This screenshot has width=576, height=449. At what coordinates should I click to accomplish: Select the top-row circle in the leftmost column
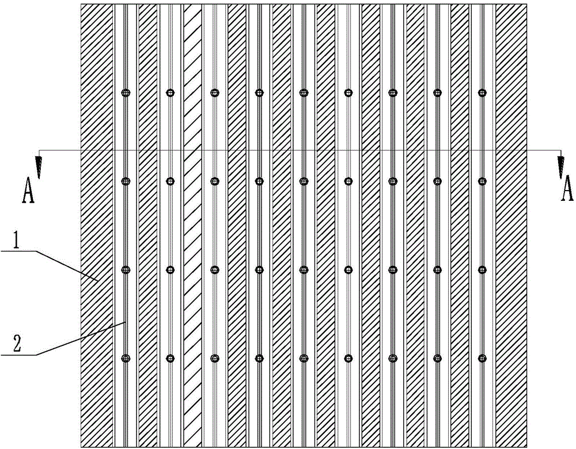pyautogui.click(x=126, y=92)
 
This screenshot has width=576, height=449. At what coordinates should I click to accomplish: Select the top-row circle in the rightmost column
pyautogui.click(x=483, y=92)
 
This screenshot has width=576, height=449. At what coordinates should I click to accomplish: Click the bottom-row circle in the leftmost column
pyautogui.click(x=126, y=359)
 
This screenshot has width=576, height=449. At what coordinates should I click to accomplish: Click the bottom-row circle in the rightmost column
pyautogui.click(x=483, y=359)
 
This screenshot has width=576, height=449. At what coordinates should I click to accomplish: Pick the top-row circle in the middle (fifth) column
pyautogui.click(x=304, y=92)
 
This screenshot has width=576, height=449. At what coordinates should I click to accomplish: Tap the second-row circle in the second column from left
pyautogui.click(x=170, y=181)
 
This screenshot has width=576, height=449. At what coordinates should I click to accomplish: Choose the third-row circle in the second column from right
pyautogui.click(x=438, y=269)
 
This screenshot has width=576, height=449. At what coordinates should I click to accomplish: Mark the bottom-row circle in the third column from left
pyautogui.click(x=214, y=359)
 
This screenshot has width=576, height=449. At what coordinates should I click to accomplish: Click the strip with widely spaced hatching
pyautogui.click(x=192, y=230)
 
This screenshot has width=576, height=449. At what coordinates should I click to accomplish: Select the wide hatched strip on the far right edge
pyautogui.click(x=511, y=230)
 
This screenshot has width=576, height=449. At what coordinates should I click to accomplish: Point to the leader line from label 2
pyautogui.click(x=81, y=340)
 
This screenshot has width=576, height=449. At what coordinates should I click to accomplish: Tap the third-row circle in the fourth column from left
pyautogui.click(x=259, y=269)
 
